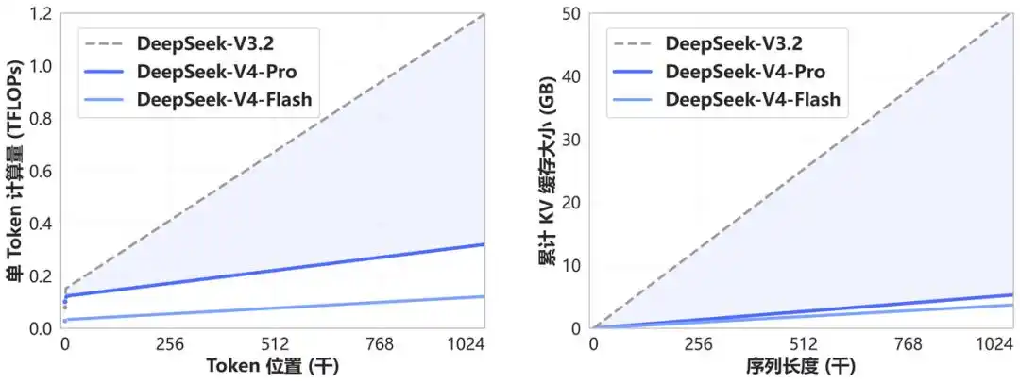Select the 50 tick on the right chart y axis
[x=571, y=14]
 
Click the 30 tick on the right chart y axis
[x=571, y=140]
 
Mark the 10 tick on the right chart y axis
[x=571, y=265]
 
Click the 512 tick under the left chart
[x=274, y=344]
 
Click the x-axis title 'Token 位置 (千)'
[x=274, y=367]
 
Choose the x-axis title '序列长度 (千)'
[x=803, y=367]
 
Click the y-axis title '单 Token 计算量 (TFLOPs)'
[x=16, y=171]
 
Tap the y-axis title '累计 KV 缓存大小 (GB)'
[x=547, y=171]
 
